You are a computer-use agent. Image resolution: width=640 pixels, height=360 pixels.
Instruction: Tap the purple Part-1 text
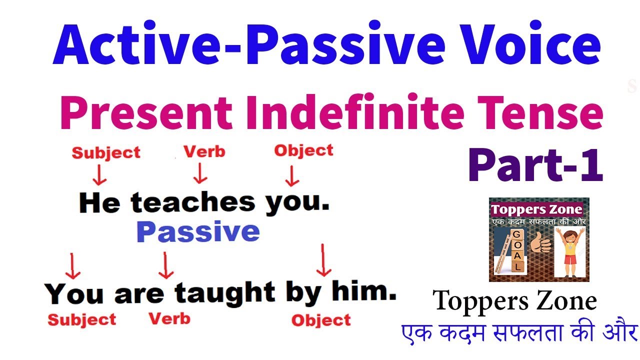tap(536, 165)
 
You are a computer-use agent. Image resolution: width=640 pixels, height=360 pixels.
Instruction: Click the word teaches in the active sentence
tap(193, 202)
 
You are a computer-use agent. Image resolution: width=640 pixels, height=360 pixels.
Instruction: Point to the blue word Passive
tap(198, 231)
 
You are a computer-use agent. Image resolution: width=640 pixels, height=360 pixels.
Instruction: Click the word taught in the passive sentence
tap(225, 292)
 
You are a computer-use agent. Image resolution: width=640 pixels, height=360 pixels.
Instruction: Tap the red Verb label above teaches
tap(204, 151)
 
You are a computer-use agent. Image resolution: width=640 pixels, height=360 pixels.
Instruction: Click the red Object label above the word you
tap(303, 150)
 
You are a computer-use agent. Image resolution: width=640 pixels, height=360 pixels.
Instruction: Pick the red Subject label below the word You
tap(82, 320)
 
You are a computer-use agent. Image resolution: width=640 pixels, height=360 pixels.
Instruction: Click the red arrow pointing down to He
tap(99, 175)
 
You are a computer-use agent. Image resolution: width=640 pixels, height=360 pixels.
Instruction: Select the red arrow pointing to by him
tap(323, 260)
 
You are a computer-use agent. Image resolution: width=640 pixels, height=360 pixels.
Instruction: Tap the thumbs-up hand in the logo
tap(540, 243)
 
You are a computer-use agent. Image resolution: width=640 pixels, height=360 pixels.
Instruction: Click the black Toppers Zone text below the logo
tap(515, 301)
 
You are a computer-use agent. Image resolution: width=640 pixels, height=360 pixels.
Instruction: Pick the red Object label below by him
tap(321, 320)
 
